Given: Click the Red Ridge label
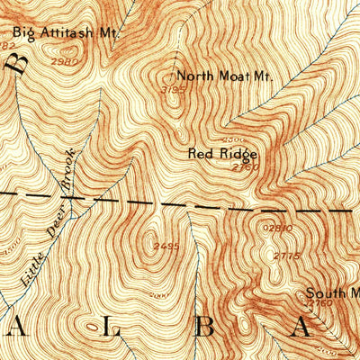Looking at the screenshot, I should tap(222, 154).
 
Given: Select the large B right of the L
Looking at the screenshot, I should tap(205, 329).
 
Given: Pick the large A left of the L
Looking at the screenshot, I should tap(17, 330).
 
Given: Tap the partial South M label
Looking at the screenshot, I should tap(332, 292).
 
